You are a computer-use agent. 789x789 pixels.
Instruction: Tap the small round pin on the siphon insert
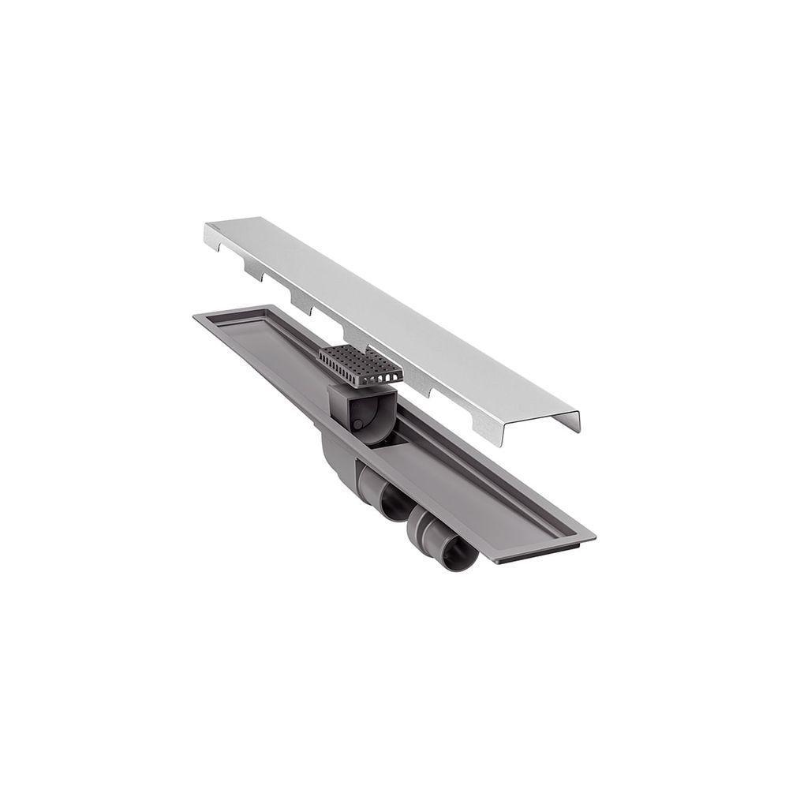pos(357,424)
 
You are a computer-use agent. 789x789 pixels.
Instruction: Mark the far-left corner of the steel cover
pos(208,227)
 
